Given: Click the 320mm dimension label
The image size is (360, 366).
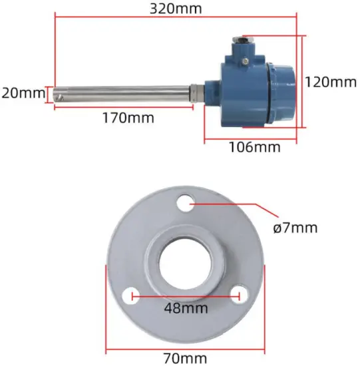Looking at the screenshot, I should point(176,9).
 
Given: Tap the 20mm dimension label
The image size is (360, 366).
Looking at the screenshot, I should point(21,92).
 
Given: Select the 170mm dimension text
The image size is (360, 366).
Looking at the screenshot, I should point(128,118).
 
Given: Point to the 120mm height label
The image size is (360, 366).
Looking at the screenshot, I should point(331,82).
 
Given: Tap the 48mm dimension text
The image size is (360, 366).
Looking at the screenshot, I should point(186,308).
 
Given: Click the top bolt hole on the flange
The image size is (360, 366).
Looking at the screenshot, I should point(187,202).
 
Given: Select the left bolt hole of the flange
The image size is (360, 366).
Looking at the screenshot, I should point(134,293).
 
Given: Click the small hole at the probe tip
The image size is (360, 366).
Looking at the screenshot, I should point(60,95).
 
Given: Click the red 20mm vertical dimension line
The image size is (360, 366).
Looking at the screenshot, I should point(47,93).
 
